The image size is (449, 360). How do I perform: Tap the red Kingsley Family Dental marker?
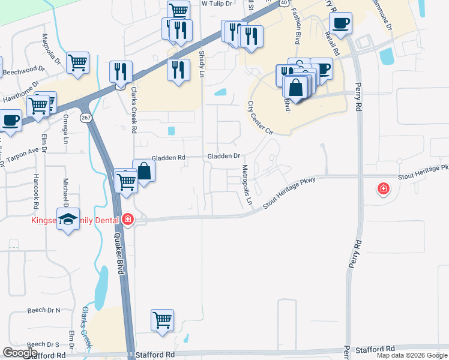coord(127,220)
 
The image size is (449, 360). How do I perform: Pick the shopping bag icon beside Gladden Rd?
coord(144,171)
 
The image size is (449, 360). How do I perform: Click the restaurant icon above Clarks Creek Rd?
coord(121,71)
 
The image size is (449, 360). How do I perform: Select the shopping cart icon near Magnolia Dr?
coord(78,62)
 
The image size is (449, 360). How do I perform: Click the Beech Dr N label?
coord(44,310)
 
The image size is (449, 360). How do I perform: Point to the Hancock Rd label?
coord(37,187)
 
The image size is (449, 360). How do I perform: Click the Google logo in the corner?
coord(20,353)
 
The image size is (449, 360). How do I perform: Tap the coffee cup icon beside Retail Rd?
coord(340,23)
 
